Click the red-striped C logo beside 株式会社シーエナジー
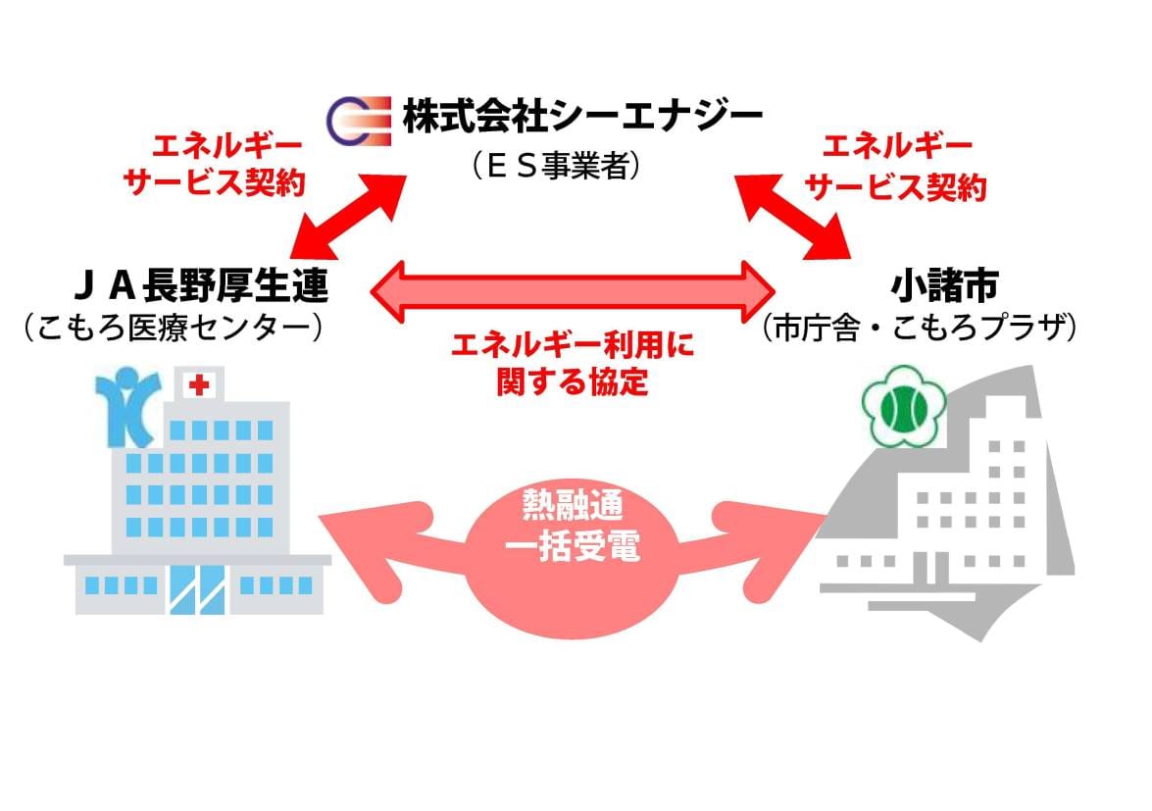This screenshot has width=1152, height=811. pos(356,120)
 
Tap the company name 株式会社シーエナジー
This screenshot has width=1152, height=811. pos(581,119)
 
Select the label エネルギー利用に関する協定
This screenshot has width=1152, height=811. pos(574,362)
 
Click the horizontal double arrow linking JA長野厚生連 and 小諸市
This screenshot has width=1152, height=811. pos(574,289)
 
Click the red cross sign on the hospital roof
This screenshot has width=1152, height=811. pos(200,385)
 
